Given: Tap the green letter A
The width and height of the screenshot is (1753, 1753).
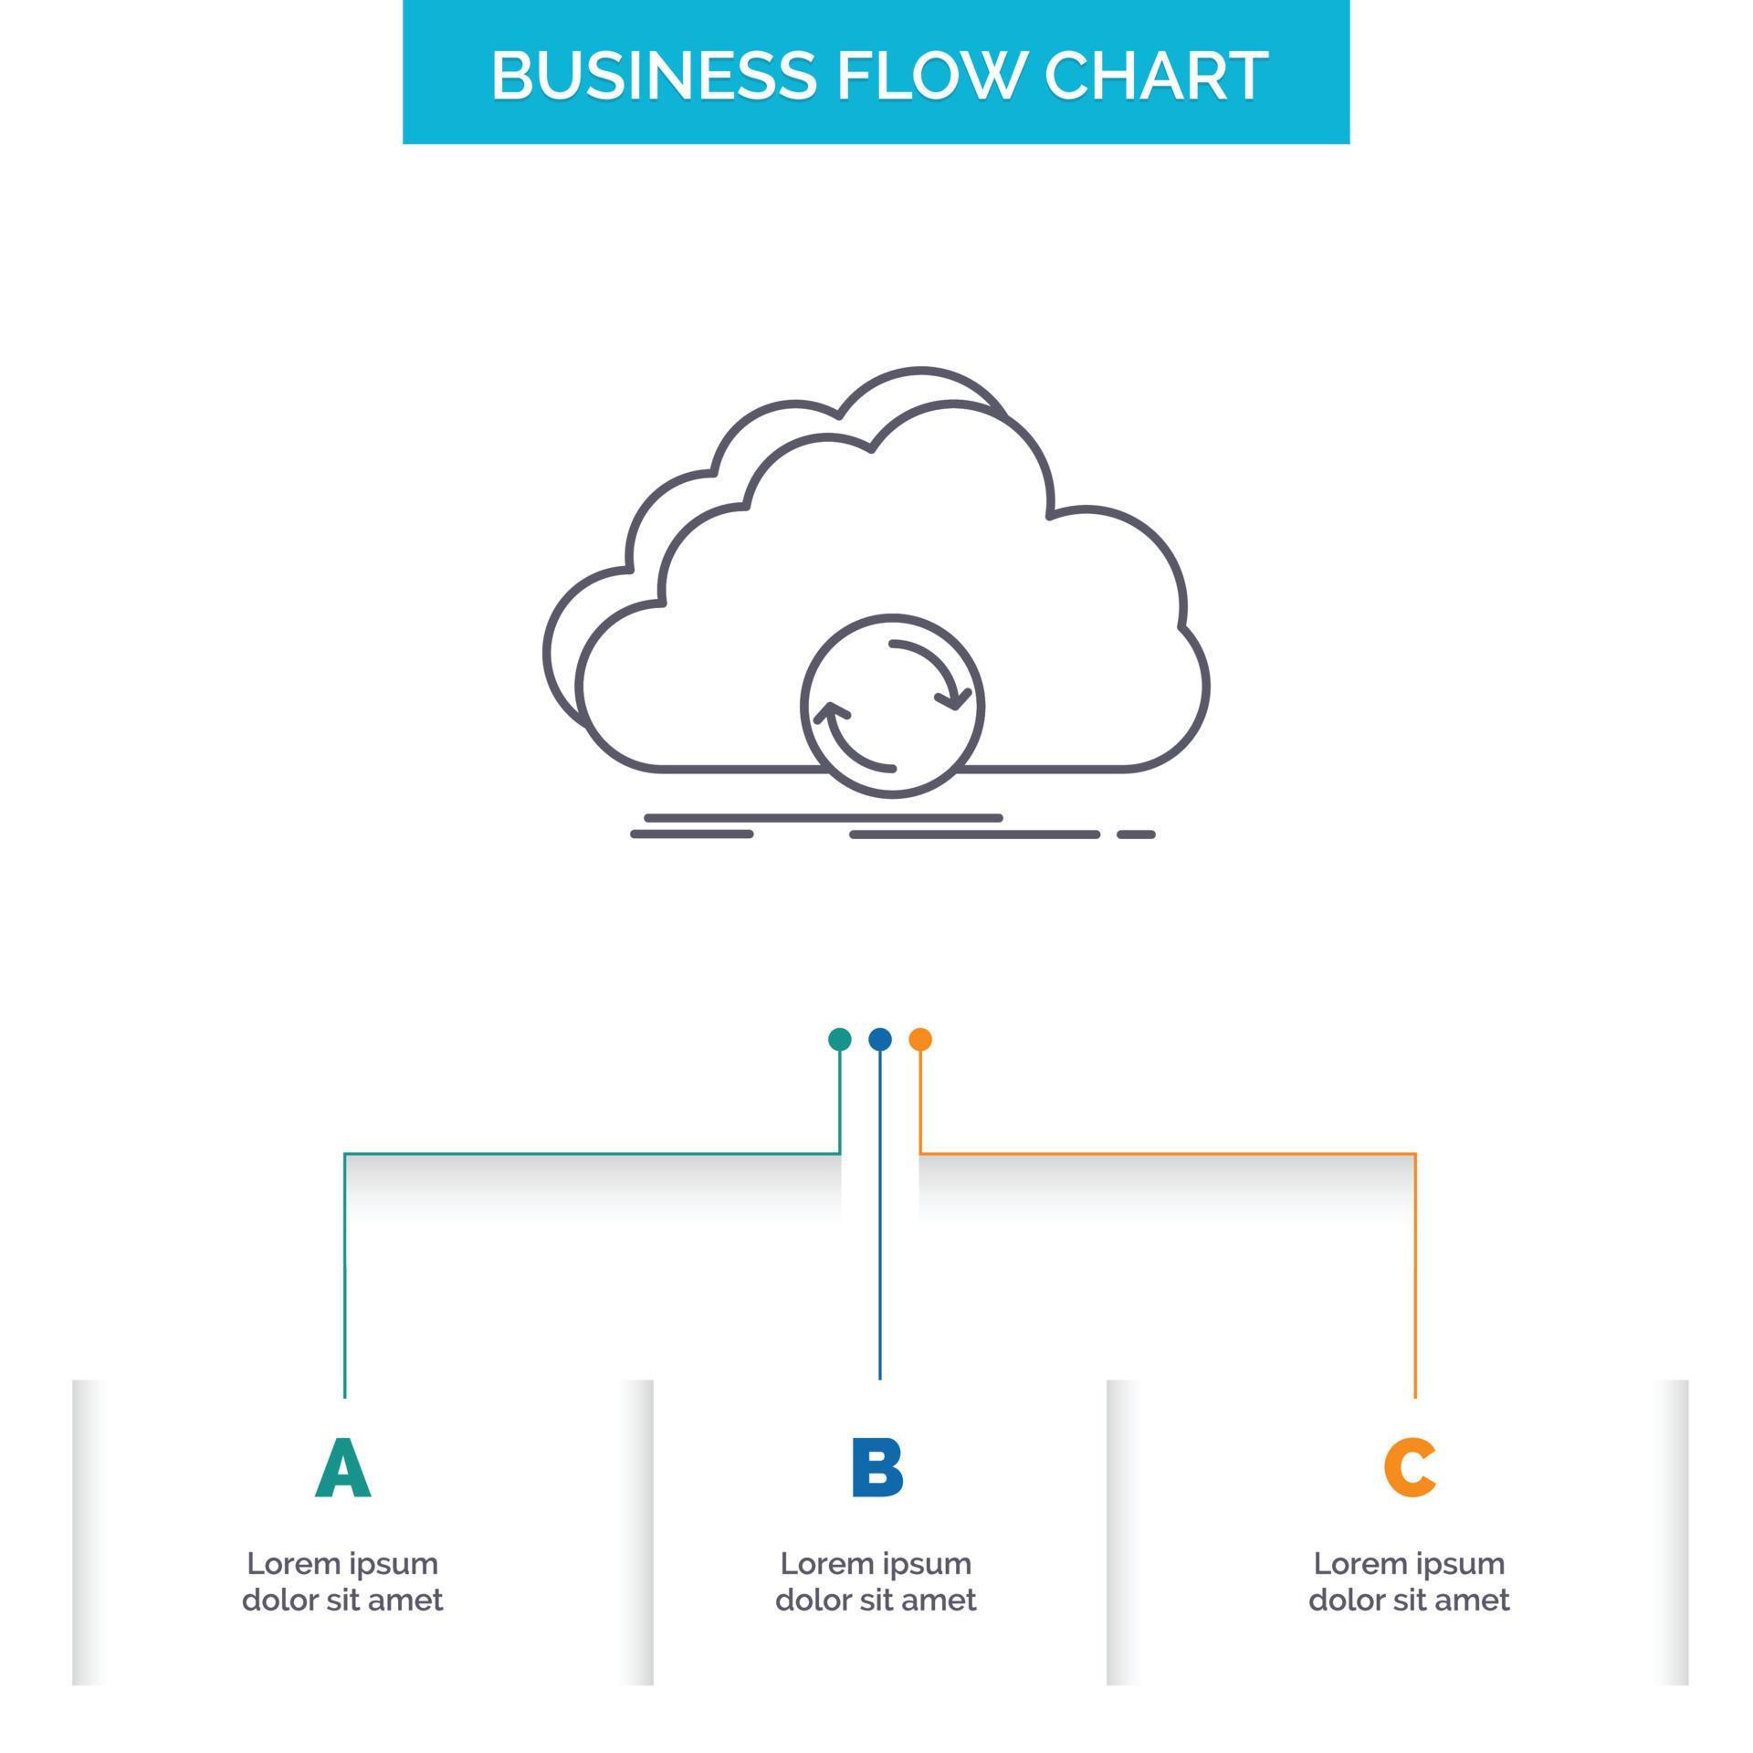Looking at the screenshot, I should point(343,1469).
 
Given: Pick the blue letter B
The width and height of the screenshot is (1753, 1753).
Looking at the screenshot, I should point(876,1469).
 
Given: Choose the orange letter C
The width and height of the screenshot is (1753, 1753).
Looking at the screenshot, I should point(1409,1469).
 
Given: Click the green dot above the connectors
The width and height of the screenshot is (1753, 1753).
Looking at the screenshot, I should point(839,1039).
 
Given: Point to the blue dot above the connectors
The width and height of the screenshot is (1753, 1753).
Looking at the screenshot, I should point(880,1039).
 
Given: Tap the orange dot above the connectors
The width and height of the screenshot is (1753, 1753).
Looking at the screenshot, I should point(920,1039).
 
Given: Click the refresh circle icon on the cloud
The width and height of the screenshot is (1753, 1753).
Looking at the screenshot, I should point(892,706).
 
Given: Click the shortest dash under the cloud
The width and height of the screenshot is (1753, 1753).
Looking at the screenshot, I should point(1137,835).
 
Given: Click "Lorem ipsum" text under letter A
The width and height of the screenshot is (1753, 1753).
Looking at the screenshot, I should point(343,1563).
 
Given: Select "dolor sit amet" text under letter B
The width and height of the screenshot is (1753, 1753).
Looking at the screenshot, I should point(876,1600).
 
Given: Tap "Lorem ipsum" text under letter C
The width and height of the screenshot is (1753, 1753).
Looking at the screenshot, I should point(1409,1563).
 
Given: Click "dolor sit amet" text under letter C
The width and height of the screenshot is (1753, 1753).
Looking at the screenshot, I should point(1409,1600).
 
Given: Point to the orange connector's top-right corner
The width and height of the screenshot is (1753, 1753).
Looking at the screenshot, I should point(1415,1154).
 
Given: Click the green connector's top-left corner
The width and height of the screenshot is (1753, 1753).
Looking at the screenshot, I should point(345,1154).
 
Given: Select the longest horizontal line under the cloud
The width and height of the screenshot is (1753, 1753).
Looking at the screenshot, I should point(824,818).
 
